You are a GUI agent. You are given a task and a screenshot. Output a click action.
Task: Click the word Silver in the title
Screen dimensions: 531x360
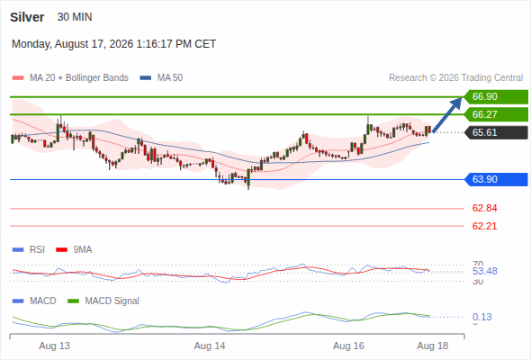click(x=27, y=17)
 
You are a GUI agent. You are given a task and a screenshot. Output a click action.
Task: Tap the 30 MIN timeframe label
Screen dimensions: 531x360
click(x=75, y=17)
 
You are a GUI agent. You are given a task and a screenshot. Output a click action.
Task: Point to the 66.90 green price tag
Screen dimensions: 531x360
click(x=496, y=96)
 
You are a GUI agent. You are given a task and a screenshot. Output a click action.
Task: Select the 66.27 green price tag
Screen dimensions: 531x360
click(x=496, y=114)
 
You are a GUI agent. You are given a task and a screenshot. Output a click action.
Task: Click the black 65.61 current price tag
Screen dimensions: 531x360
click(x=496, y=132)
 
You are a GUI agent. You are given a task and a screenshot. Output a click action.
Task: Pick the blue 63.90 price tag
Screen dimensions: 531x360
click(x=496, y=179)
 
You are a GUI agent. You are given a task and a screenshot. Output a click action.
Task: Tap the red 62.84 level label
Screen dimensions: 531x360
click(x=484, y=208)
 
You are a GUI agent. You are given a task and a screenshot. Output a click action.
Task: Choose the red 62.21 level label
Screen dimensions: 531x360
click(x=484, y=226)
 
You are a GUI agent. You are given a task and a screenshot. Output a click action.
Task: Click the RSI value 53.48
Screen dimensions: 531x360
click(x=485, y=271)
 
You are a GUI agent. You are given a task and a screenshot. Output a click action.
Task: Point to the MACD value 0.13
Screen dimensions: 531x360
click(x=481, y=317)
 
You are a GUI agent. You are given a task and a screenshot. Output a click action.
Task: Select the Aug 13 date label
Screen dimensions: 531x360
click(x=55, y=346)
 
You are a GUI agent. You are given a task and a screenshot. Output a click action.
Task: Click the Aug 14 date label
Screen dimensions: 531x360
click(x=210, y=346)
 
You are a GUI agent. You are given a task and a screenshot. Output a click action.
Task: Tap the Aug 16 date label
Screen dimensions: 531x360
click(x=348, y=346)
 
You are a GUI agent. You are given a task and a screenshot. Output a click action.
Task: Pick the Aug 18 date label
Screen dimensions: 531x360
click(x=433, y=346)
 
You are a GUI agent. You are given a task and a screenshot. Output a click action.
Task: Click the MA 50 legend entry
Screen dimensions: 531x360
click(x=161, y=78)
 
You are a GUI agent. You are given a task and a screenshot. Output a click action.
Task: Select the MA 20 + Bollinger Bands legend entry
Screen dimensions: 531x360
click(x=70, y=78)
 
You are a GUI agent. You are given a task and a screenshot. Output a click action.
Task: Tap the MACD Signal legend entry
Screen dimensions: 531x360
click(x=103, y=301)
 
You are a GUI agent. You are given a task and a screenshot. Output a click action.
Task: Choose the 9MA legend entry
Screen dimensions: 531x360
click(x=74, y=249)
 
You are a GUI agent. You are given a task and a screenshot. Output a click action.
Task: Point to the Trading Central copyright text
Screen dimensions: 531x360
click(x=455, y=78)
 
